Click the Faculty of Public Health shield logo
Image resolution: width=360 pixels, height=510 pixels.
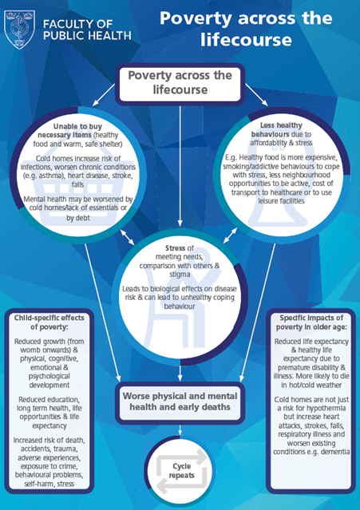[x=19, y=30]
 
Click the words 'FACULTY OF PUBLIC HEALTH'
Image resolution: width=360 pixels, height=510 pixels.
[x=87, y=30]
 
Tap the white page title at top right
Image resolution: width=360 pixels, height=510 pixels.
[x=246, y=29]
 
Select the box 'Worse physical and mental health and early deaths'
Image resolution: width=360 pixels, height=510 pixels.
[x=180, y=401]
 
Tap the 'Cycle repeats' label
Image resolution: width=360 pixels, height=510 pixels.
[x=181, y=471]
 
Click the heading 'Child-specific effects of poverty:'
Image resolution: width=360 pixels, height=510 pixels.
[x=49, y=322]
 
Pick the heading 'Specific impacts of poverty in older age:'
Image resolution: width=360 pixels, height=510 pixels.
[x=311, y=322]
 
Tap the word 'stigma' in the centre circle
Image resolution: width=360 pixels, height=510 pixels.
[x=180, y=275]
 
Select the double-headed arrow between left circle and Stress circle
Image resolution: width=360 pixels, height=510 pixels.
[x=127, y=237]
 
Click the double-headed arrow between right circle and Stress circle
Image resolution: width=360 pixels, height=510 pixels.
[x=230, y=235]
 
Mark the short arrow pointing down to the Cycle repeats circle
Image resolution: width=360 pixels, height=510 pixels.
[x=180, y=430]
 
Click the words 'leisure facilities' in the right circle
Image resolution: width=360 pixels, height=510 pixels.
[x=281, y=201]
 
